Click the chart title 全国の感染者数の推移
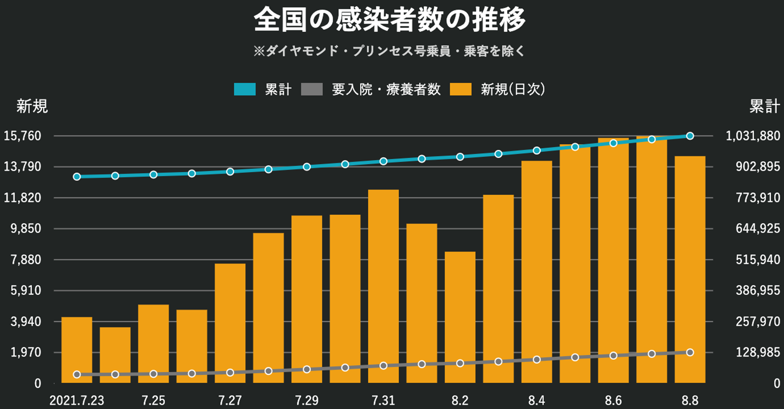pos(390,20)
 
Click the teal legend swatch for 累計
pos(245,89)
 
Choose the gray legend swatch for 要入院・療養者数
pos(312,89)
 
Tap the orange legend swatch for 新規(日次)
pos(461,89)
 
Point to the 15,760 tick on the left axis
pos(28,136)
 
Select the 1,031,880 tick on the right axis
pos(753,136)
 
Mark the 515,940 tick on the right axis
pos(758,260)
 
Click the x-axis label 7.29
pos(307,400)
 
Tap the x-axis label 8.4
pos(536,400)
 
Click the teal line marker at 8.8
pos(690,136)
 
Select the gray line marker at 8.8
pos(690,353)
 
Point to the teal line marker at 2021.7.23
pos(77,176)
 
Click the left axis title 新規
pos(32,107)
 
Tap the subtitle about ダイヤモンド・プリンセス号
pos(390,51)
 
